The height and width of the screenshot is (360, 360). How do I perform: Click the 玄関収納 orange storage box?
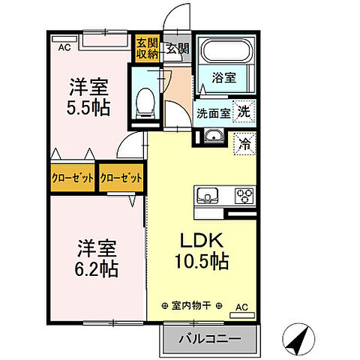[142, 49]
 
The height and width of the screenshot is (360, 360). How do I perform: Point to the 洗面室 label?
[212, 114]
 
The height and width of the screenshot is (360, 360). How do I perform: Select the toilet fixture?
[146, 100]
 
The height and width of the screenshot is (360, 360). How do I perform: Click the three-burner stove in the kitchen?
[244, 196]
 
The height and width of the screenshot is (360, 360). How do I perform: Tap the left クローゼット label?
[73, 178]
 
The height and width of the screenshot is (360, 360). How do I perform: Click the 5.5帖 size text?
[87, 107]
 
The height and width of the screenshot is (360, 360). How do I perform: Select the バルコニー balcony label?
[210, 339]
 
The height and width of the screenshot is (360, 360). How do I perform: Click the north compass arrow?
[301, 340]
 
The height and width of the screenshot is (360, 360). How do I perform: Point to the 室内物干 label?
[192, 306]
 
